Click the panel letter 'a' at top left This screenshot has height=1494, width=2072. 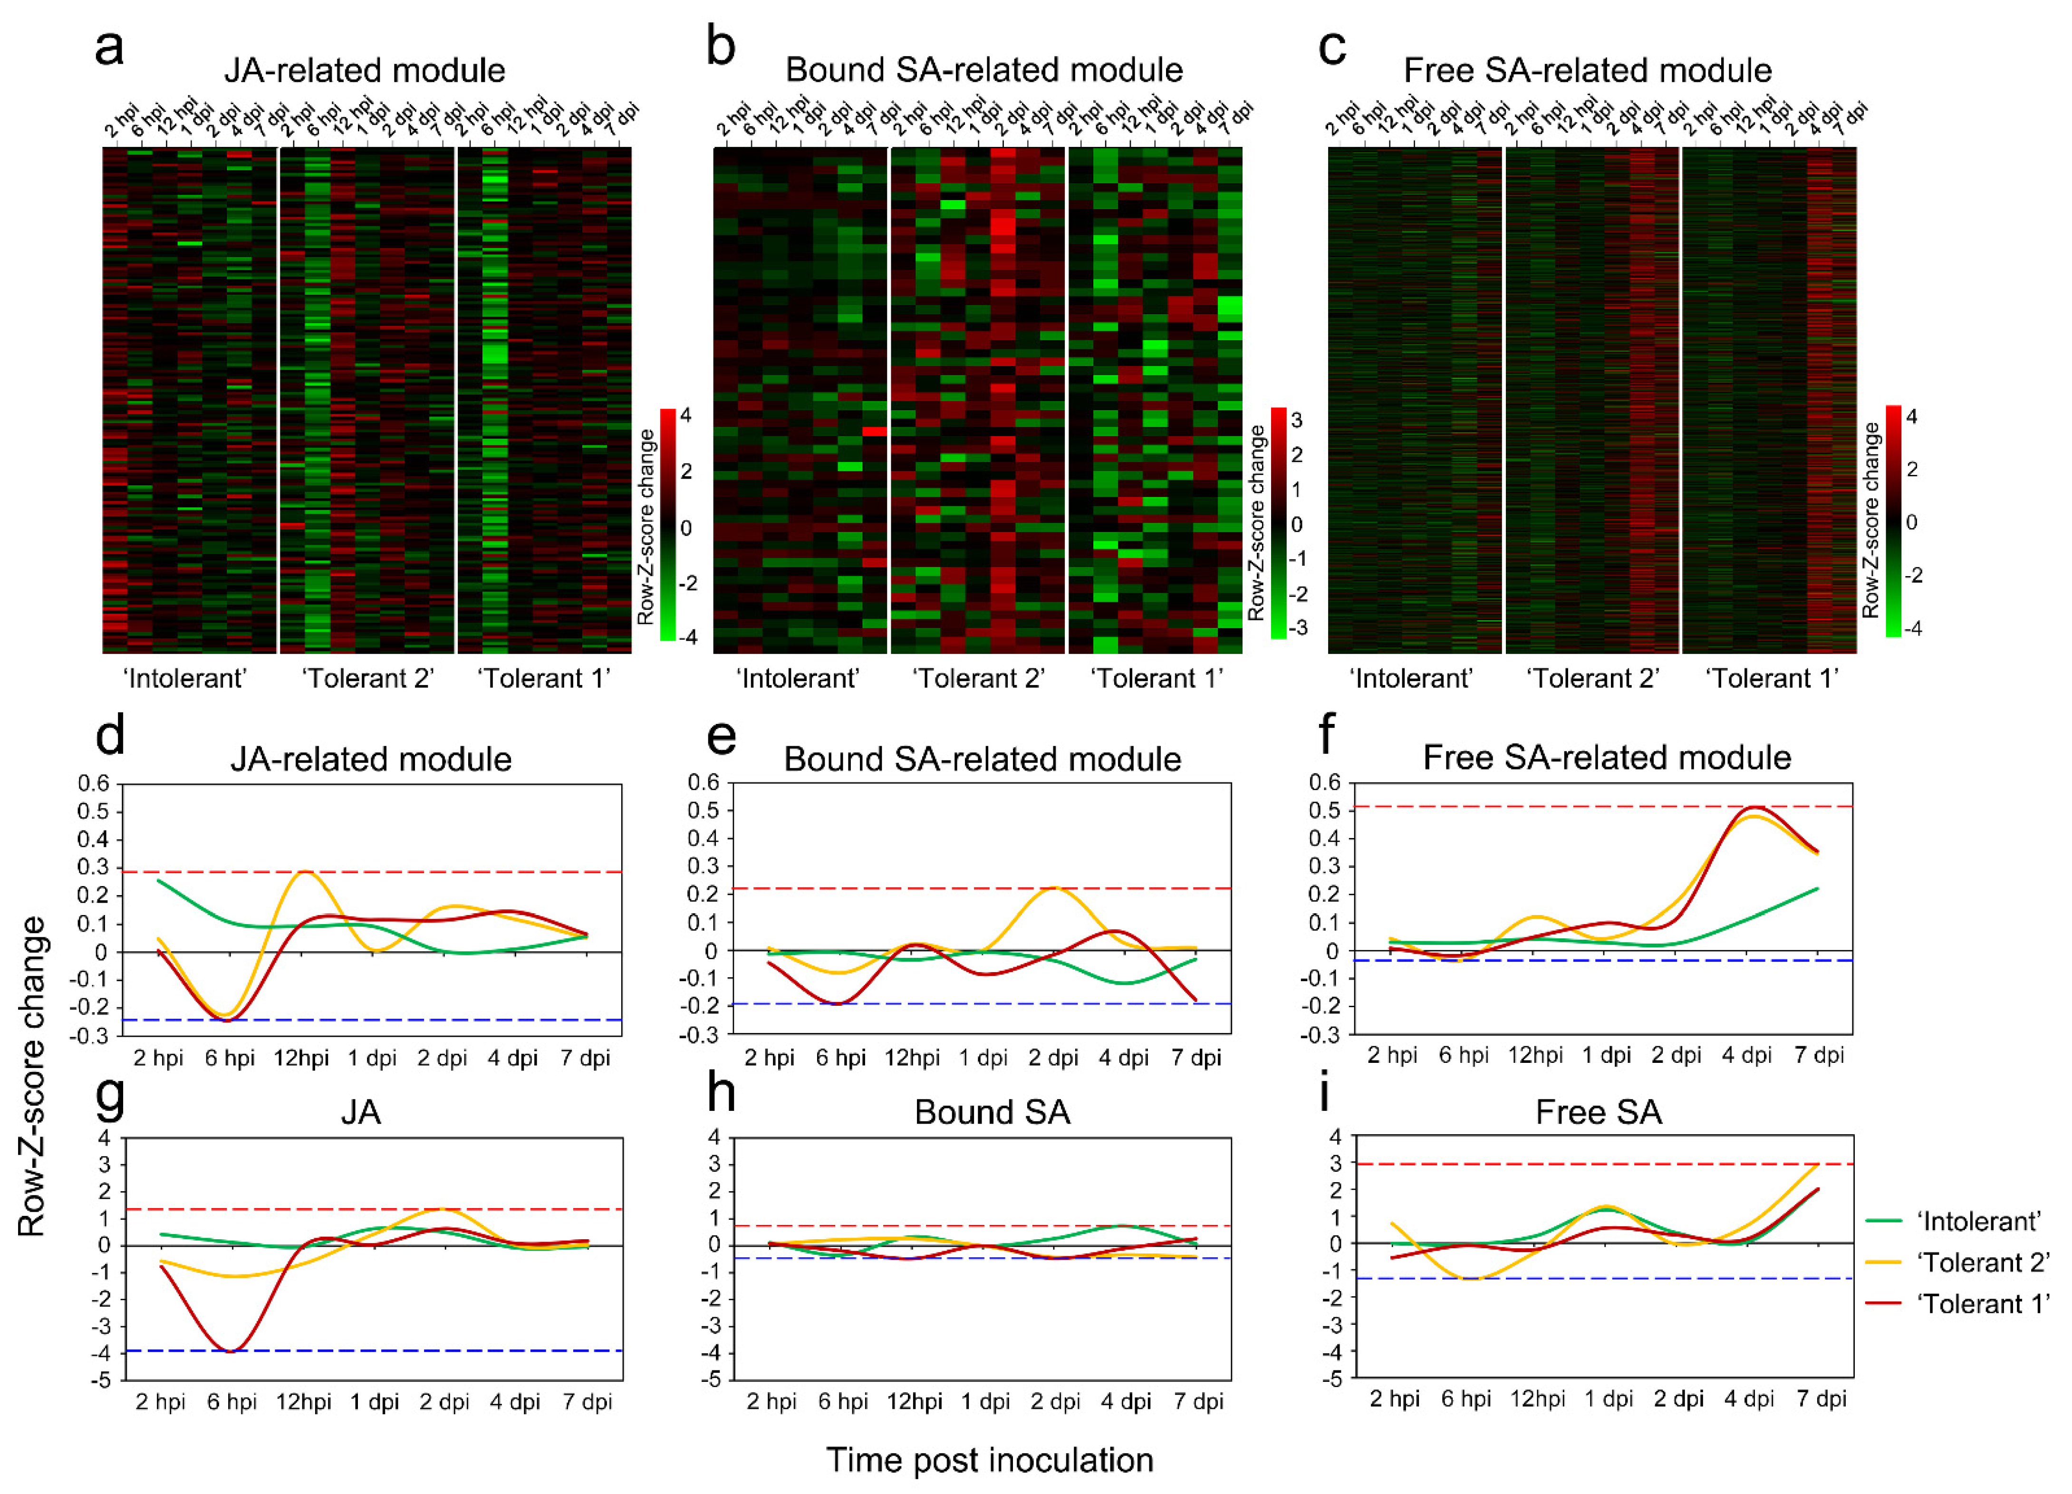(110, 48)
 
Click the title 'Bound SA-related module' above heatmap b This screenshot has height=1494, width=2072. (984, 70)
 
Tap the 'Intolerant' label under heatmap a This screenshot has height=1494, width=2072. (185, 678)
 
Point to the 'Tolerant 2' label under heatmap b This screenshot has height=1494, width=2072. (978, 678)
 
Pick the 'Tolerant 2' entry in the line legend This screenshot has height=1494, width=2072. (1983, 1263)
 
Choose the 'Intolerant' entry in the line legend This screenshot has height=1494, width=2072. (1978, 1222)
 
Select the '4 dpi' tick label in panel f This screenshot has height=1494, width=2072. (1747, 1055)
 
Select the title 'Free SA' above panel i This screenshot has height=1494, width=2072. (1598, 1112)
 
